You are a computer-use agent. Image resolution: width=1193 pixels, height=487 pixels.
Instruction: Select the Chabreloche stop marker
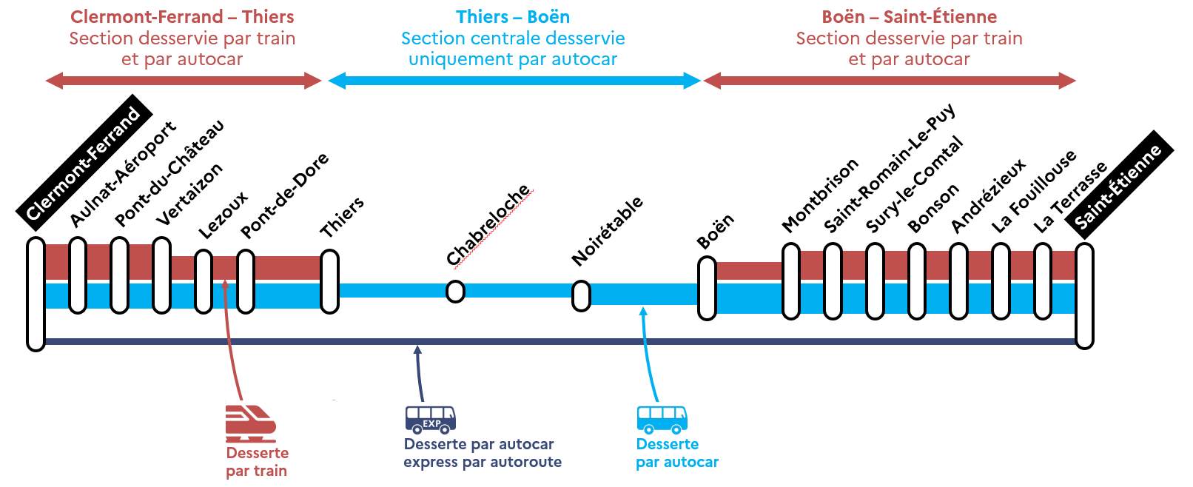[455, 292]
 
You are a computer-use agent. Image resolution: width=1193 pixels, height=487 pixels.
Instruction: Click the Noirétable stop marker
[581, 296]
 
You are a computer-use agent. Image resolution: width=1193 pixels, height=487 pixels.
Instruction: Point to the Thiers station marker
[329, 281]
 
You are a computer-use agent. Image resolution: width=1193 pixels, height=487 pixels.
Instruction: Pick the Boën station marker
[707, 288]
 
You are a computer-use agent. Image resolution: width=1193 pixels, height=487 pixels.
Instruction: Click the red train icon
[250, 423]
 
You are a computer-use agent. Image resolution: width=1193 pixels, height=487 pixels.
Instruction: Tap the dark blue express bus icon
[430, 419]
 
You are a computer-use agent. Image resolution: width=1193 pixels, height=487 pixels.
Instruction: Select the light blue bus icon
[662, 419]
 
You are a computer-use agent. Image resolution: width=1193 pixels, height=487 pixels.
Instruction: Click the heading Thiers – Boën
[513, 17]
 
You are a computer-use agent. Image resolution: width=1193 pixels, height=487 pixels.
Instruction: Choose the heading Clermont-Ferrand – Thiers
[182, 17]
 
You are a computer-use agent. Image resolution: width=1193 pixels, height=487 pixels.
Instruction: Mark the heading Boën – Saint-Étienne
[909, 17]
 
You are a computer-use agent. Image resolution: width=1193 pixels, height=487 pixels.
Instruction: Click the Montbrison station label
[820, 195]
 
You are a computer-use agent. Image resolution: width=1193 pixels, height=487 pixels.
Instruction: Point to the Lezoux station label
[223, 215]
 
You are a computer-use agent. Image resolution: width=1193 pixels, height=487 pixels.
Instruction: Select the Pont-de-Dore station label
[284, 196]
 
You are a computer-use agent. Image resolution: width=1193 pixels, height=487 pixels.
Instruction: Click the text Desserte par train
[257, 462]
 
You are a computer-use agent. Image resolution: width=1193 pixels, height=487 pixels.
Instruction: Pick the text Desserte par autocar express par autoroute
[482, 453]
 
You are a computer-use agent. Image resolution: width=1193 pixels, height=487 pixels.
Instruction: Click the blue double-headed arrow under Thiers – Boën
[514, 81]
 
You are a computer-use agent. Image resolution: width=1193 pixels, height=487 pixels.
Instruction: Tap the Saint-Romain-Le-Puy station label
[889, 169]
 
